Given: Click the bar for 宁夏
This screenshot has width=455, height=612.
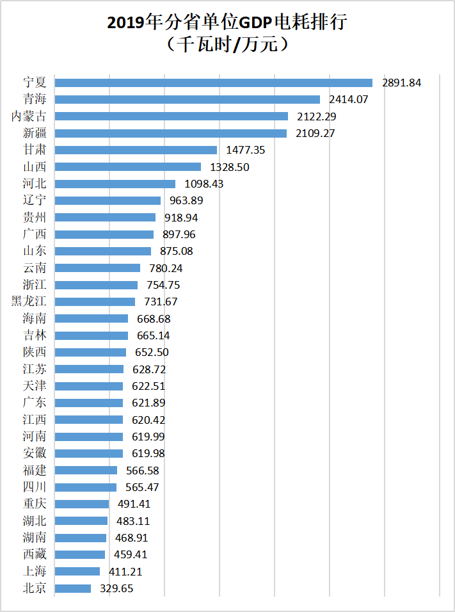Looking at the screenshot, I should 213,83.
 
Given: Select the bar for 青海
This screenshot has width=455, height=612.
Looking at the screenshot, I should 187,99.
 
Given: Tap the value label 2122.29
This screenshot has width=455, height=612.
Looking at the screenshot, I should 315,117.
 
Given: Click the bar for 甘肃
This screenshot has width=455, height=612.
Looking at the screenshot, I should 136,150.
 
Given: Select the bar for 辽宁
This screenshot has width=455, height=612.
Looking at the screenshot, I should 108,200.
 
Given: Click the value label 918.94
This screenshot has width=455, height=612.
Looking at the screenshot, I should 181,218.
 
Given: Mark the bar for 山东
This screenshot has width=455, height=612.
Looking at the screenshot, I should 102,251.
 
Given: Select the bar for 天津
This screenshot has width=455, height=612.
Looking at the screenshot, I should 88,386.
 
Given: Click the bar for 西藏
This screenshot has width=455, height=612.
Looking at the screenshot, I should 79,554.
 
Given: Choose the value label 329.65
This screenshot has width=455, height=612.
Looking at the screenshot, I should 117,588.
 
